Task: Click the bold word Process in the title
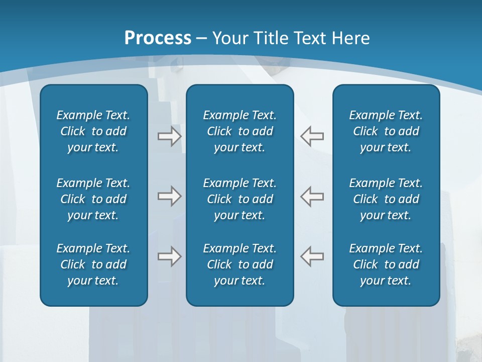coord(158,38)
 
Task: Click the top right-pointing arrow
coord(170,136)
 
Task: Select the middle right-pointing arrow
coord(170,196)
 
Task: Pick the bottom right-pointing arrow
coord(170,256)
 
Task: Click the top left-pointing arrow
coord(312,136)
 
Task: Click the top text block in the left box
coord(93,131)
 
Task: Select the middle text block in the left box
coord(93,199)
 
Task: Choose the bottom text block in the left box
coord(93,264)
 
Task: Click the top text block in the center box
coord(240,131)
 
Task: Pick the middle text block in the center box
coord(240,199)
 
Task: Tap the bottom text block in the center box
coord(240,264)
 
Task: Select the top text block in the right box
coord(386,131)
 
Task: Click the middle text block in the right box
coord(386,199)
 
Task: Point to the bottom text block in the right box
coord(386,264)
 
